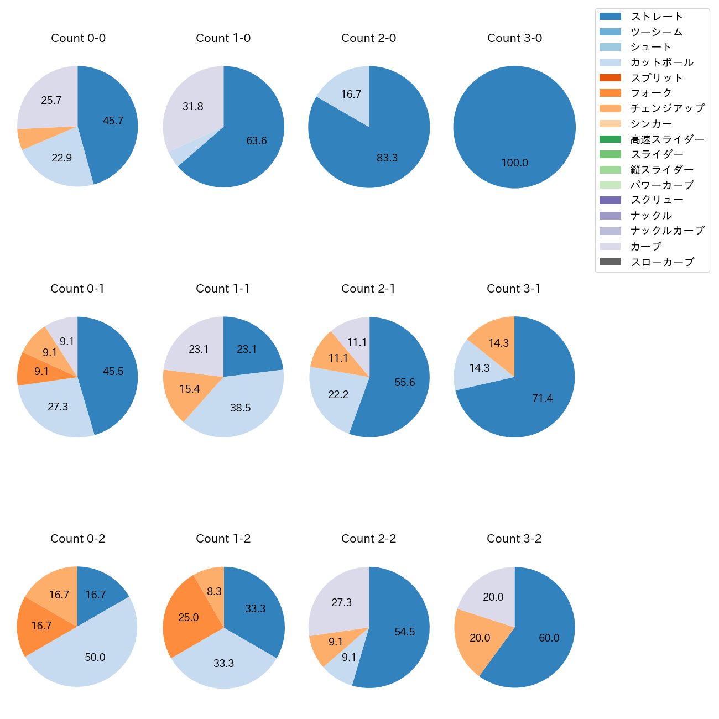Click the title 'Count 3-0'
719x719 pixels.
(514, 38)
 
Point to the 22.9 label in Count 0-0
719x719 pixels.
(62, 158)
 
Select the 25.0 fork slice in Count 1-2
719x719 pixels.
(188, 617)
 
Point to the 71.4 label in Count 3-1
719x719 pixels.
(542, 398)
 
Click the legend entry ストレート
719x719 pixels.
(657, 17)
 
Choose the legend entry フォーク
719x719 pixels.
(651, 93)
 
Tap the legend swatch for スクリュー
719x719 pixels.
(610, 200)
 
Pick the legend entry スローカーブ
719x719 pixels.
(662, 262)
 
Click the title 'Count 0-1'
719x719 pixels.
(77, 289)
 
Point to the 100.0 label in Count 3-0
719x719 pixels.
(514, 163)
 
